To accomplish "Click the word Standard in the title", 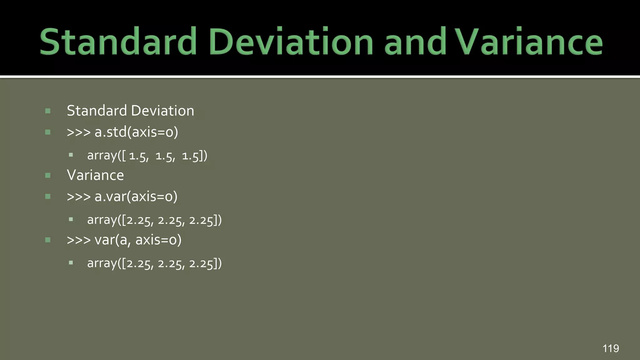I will tap(118, 42).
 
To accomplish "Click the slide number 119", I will tap(611, 348).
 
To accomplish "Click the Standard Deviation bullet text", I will tap(130, 111).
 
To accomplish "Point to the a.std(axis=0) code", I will tap(136, 132).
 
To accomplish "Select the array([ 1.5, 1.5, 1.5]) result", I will tap(147, 155).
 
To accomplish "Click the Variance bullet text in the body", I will tap(95, 175).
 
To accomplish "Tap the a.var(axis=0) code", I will tap(136, 197).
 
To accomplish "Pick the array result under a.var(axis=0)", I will tap(154, 220).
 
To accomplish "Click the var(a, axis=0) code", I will tap(138, 240).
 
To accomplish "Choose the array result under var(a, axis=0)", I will tap(154, 263).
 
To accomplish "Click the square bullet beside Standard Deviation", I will tap(48, 111).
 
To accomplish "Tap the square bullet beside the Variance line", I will tap(48, 175).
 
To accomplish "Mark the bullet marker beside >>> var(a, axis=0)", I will tap(48, 240).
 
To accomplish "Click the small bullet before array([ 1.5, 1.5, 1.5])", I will tap(71, 155).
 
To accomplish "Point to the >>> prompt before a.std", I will tap(78, 132).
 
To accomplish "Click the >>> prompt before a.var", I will tap(78, 197).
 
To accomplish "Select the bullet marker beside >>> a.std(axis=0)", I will tap(48, 132).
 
